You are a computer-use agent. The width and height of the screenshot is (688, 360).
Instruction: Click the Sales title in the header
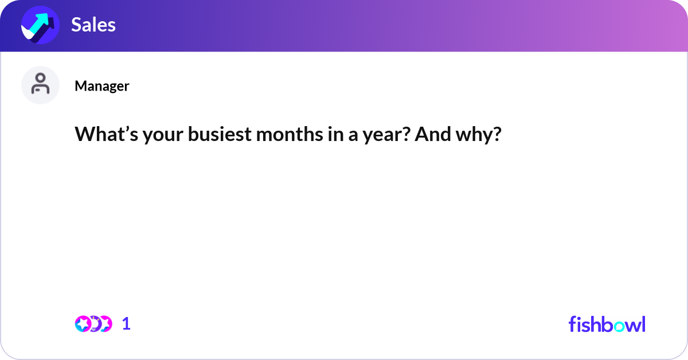point(93,25)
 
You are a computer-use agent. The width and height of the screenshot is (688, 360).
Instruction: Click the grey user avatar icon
point(40,85)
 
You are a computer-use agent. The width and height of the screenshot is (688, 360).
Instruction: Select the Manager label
point(101,86)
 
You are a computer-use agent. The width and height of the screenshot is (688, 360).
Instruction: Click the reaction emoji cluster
point(93,324)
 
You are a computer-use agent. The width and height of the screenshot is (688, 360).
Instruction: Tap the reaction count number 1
point(127,324)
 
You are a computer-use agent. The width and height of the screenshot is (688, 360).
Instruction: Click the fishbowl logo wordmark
point(607,324)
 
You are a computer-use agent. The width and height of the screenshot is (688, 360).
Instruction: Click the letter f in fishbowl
point(572,324)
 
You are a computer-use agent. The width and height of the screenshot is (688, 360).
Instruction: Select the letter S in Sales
point(76,25)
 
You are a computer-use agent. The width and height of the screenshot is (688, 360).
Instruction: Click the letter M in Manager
point(80,86)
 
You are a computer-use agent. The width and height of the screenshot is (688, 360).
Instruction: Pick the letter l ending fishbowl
point(643,324)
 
